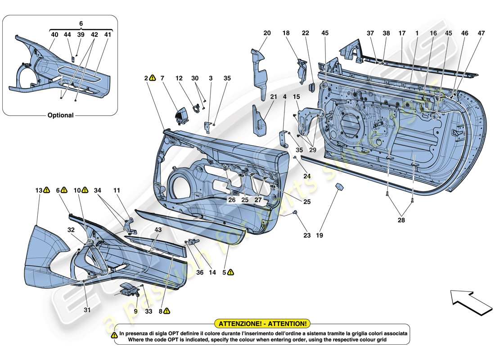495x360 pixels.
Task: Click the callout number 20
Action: coord(267,33)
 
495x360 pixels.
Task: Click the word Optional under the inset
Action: coord(60,115)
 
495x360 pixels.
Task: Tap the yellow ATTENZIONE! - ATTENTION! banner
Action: coord(262,324)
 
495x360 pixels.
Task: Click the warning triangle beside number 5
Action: coord(230,272)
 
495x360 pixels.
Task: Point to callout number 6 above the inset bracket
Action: coord(81,23)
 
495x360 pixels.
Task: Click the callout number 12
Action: coord(179,78)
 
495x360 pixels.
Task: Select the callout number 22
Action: coord(306,33)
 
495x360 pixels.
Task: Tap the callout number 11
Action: coord(117,191)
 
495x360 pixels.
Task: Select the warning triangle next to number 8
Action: coord(166,310)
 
